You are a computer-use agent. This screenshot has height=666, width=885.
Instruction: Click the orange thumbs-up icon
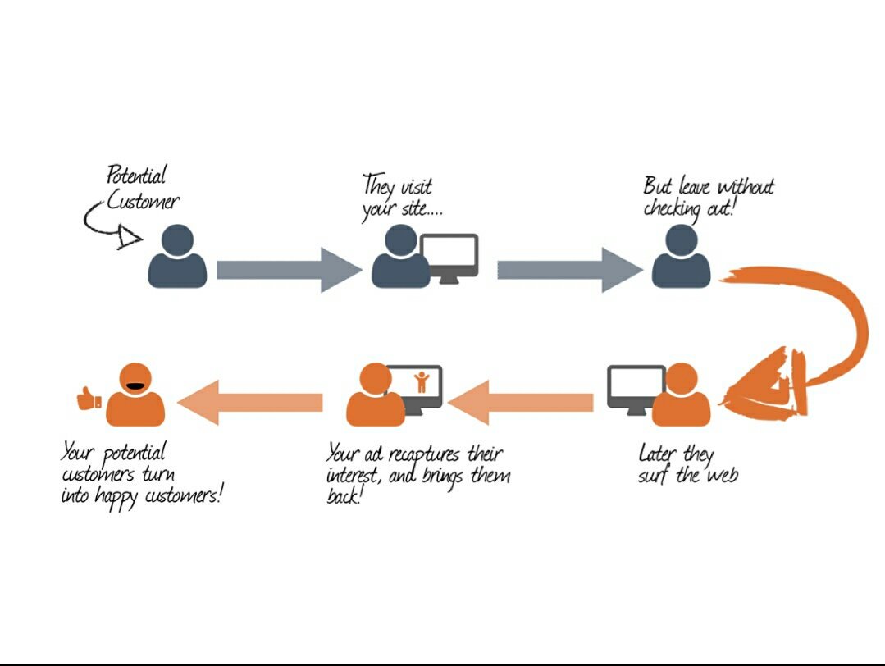[x=89, y=399]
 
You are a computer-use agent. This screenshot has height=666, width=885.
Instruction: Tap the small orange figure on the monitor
[x=421, y=382]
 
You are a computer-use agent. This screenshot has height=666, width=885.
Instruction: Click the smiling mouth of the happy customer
[x=135, y=386]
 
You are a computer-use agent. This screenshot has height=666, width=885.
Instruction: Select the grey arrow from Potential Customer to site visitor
[x=289, y=270]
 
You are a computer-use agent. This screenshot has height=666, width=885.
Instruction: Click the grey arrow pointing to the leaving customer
[x=570, y=270]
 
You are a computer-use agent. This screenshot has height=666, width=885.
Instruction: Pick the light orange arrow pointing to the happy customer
[x=250, y=402]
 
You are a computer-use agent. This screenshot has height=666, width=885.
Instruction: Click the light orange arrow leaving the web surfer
[x=520, y=402]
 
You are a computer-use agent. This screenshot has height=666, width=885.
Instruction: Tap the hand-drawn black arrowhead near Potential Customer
[x=129, y=237]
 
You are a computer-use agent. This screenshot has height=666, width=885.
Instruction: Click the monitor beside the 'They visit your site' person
[x=449, y=258]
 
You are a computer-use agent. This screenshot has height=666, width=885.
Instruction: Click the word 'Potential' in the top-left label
[x=137, y=175]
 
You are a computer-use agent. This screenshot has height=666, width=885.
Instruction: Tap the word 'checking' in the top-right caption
[x=673, y=209]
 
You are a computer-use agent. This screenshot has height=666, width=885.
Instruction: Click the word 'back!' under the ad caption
[x=343, y=495]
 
